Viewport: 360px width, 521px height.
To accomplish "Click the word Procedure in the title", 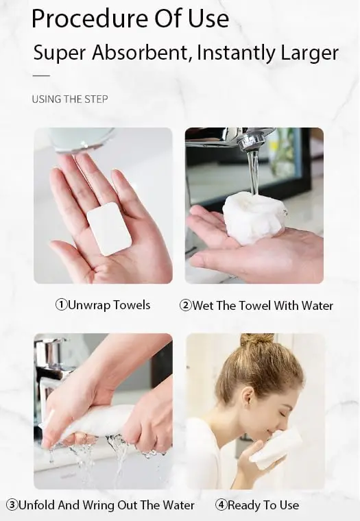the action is (x=89, y=20).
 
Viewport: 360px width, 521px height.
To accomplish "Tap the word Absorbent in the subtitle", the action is (x=140, y=52).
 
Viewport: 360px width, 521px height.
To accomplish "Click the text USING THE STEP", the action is (x=70, y=99).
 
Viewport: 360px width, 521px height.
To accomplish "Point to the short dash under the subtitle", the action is (x=41, y=76).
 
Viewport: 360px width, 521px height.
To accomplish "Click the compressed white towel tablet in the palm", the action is (x=109, y=229).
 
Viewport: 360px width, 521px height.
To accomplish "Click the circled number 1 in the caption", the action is (x=61, y=304).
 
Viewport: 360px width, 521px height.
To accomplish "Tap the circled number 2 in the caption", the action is (x=185, y=305).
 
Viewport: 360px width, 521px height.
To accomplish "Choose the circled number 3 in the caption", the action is (x=12, y=505).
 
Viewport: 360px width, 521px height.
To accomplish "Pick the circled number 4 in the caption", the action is (x=221, y=505).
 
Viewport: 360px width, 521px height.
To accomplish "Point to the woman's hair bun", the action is (x=257, y=340).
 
